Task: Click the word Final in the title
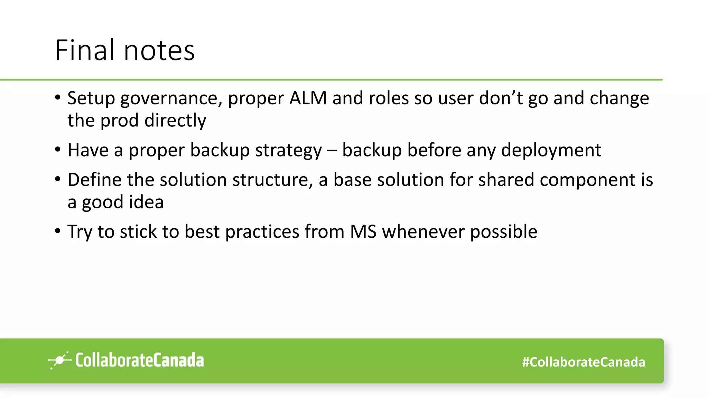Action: click(x=84, y=50)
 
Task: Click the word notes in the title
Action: click(x=159, y=50)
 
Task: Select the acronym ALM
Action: click(x=308, y=98)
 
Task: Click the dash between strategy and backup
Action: click(x=332, y=151)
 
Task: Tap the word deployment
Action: click(x=551, y=151)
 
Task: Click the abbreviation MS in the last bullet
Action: click(x=363, y=231)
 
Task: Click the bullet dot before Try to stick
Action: click(x=58, y=231)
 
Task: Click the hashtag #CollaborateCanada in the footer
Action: click(x=583, y=362)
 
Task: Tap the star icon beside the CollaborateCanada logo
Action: click(x=59, y=360)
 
